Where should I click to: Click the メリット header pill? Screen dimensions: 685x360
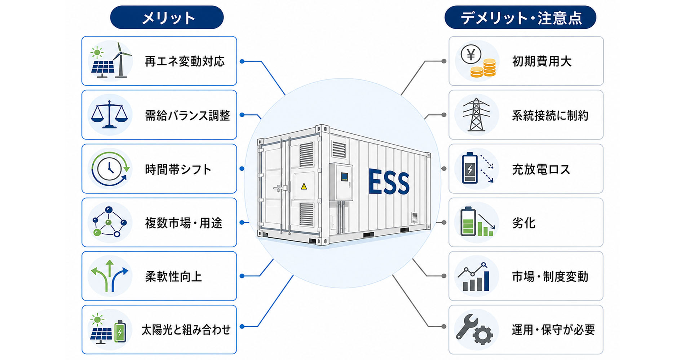167,17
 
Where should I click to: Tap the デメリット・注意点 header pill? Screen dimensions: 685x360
520,17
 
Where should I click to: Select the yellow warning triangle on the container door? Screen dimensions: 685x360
304,186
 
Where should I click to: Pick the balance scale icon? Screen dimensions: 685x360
110,115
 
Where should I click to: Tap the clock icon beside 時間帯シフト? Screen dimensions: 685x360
110,168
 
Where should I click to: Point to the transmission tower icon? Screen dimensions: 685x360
476,114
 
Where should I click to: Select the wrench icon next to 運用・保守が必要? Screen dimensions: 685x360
467,326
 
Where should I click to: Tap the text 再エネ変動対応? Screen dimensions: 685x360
185,61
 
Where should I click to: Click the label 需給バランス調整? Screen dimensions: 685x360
187,115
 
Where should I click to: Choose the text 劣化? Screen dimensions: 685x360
524,223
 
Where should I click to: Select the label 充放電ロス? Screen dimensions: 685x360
541,169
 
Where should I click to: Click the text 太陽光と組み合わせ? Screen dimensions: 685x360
186,330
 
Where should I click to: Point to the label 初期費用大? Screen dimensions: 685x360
542,61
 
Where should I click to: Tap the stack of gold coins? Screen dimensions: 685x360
483,69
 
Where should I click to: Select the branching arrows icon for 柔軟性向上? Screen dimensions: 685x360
110,276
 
